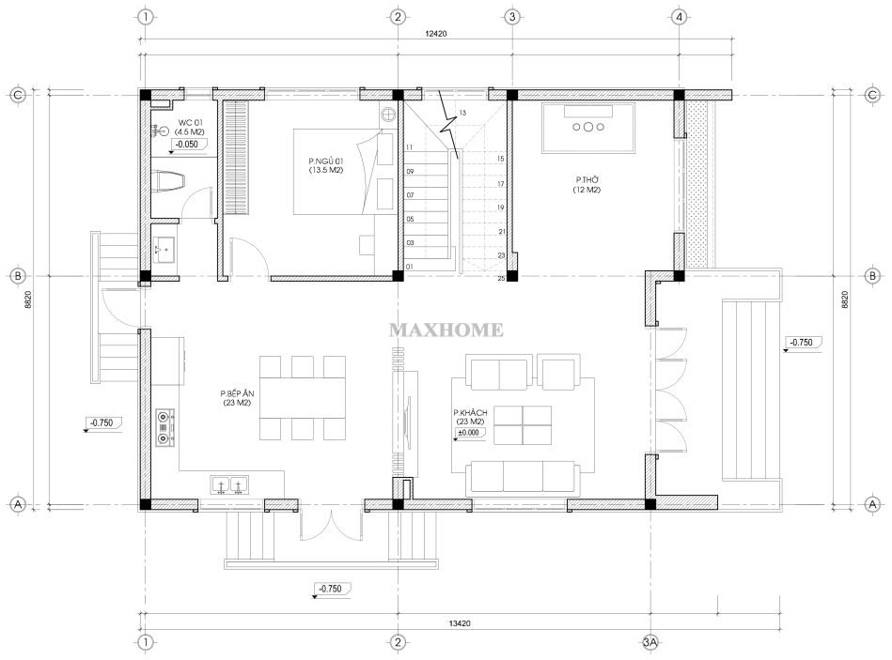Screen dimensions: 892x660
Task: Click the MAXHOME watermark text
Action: pos(446,330)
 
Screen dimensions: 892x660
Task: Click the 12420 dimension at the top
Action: pos(436,34)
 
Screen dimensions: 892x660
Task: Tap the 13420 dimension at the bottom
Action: pos(460,623)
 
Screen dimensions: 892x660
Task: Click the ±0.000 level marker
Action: pos(470,433)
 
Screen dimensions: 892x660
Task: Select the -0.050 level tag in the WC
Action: pos(187,145)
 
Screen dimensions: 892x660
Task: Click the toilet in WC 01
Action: pos(170,180)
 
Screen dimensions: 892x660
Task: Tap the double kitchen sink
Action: pos(230,485)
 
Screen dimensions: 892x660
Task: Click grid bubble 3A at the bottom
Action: pos(649,642)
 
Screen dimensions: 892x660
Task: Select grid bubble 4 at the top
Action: pos(679,17)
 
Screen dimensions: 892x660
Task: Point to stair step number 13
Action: pos(462,113)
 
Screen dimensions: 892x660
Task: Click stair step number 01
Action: pos(410,267)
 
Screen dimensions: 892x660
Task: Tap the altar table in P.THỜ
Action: pos(588,128)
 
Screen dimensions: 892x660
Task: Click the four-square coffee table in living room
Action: pos(523,425)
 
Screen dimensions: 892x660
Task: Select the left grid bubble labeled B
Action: pos(18,277)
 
